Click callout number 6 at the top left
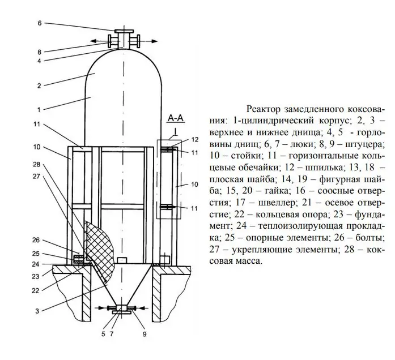click(40, 23)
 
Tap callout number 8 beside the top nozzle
click(39, 52)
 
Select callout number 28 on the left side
click(36, 164)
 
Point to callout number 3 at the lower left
click(37, 311)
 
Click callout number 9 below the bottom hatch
click(145, 334)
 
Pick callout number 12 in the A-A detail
click(195, 139)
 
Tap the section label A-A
click(176, 118)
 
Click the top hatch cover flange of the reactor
click(124, 31)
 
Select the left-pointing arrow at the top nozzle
click(99, 41)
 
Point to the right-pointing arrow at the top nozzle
click(148, 41)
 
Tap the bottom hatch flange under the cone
click(122, 312)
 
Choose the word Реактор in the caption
click(264, 109)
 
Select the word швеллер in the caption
click(278, 203)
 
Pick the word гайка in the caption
click(277, 191)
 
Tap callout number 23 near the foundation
click(36, 277)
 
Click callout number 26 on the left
click(36, 240)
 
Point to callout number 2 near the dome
click(39, 86)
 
